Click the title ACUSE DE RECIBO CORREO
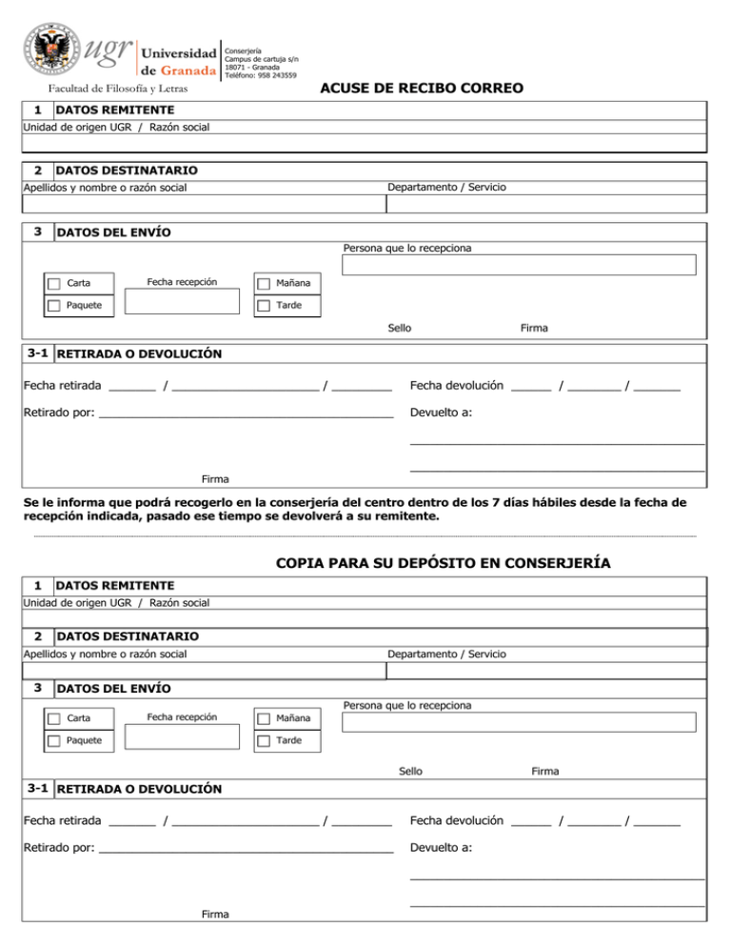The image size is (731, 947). pos(422,89)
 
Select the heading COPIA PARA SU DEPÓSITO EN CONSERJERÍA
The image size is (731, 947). pos(443,563)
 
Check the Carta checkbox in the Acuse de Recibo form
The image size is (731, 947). pos(54,284)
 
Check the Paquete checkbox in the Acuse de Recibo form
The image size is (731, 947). pos(54,306)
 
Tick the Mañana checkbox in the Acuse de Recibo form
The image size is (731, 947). pos(264,284)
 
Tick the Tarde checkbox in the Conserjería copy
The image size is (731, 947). pos(264,740)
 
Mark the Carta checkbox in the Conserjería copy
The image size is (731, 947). pos(54,718)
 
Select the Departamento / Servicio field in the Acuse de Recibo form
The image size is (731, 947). pos(546,203)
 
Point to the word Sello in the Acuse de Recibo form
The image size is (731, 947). pos(400,328)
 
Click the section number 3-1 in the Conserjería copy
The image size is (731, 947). pos(39,788)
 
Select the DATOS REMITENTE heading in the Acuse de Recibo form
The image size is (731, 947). pos(115,111)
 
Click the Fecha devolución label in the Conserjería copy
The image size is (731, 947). pos(456,820)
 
